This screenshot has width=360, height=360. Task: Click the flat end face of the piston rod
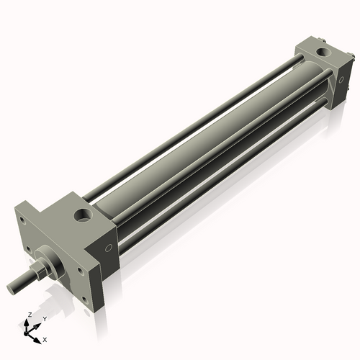click(x=11, y=287)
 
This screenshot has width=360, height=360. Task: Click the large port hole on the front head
click(x=84, y=215)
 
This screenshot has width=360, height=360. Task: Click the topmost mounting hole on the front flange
click(x=22, y=220)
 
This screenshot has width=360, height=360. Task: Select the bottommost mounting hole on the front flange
click(x=84, y=300)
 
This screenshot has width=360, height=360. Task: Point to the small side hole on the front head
click(x=109, y=248)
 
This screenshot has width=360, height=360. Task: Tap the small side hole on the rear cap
click(x=341, y=80)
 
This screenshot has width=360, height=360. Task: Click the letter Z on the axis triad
click(x=30, y=315)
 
